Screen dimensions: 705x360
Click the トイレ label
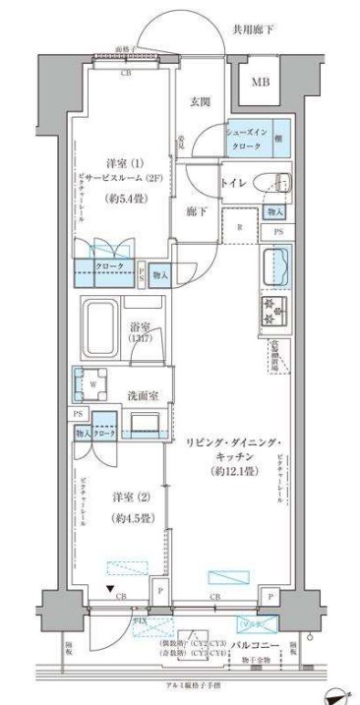(x=234, y=182)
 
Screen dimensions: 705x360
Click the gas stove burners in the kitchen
(x=271, y=312)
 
